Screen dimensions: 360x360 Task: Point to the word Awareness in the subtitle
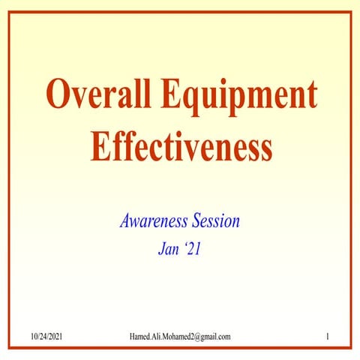pyautogui.click(x=153, y=222)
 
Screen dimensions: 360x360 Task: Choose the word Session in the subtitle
pyautogui.click(x=214, y=222)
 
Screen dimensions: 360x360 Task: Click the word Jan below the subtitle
pyautogui.click(x=168, y=249)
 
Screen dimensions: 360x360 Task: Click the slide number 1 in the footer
pyautogui.click(x=328, y=337)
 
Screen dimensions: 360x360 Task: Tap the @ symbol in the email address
pyautogui.click(x=198, y=337)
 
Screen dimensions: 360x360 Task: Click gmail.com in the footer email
pyautogui.click(x=216, y=337)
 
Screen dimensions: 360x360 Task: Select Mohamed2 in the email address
pyautogui.click(x=180, y=337)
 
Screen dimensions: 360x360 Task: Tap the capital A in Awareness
pyautogui.click(x=125, y=222)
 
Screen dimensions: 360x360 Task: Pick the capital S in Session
pyautogui.click(x=196, y=222)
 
